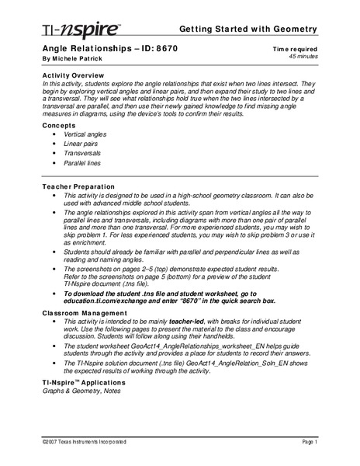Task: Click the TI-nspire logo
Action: pos(70,30)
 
